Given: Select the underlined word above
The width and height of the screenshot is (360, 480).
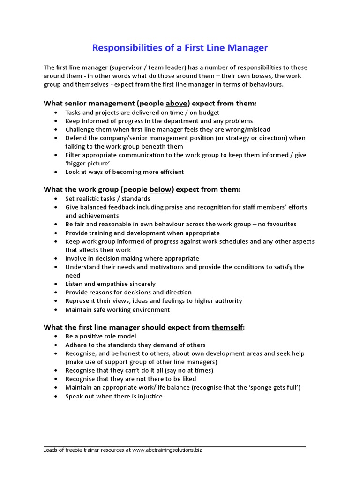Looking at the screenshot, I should click(x=176, y=103).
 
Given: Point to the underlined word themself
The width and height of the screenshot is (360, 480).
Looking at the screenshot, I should click(x=227, y=327).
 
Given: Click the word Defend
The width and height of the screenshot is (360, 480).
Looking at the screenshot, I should click(x=76, y=138).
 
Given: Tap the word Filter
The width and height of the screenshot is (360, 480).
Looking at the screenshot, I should click(x=74, y=155).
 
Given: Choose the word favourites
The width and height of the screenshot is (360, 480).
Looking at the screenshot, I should click(x=277, y=224).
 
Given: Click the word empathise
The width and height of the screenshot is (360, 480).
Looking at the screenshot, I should click(x=108, y=284).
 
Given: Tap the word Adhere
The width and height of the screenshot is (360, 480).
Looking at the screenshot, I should click(x=75, y=345).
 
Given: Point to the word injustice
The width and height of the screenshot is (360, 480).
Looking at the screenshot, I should click(x=148, y=396).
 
